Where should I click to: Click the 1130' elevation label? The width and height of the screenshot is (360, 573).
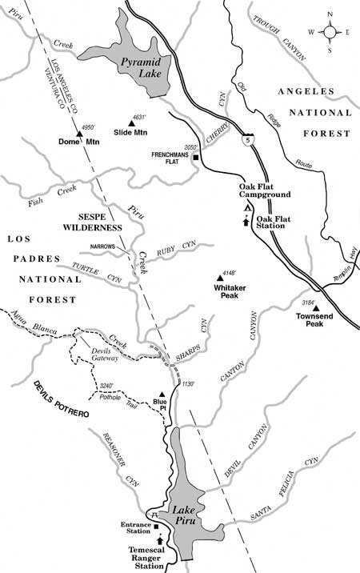pyautogui.click(x=188, y=385)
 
